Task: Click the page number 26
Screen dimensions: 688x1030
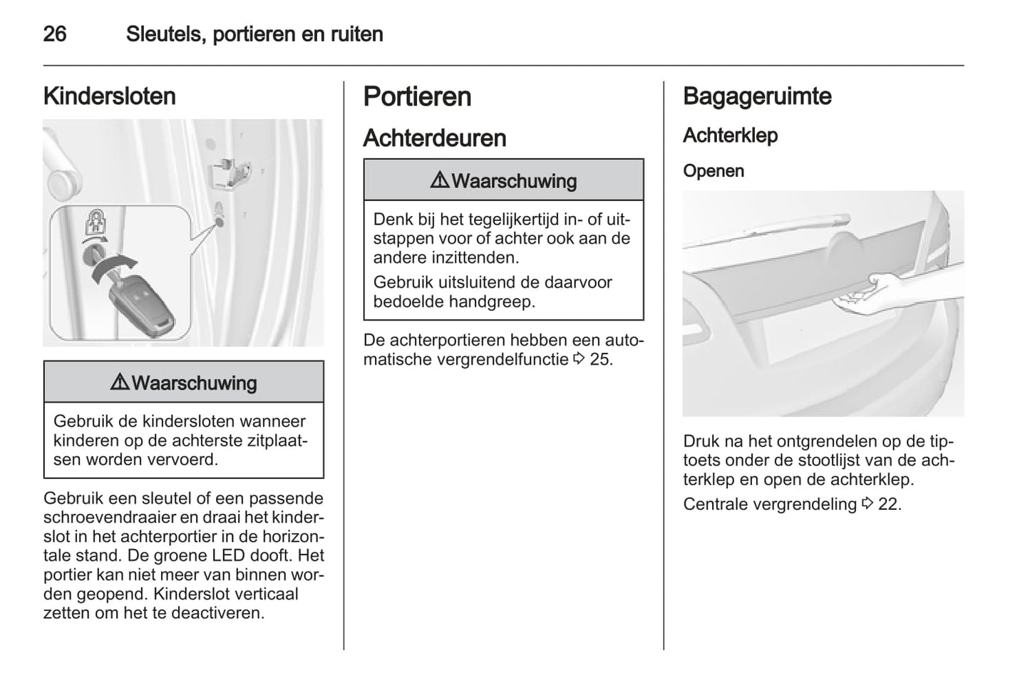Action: click(x=55, y=34)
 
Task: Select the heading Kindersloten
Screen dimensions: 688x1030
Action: click(x=109, y=96)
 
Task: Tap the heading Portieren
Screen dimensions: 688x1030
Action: click(x=417, y=96)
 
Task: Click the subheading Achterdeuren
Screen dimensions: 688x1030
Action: click(x=434, y=138)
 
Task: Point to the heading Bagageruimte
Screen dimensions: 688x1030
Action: click(x=757, y=96)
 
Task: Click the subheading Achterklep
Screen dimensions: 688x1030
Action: click(x=730, y=135)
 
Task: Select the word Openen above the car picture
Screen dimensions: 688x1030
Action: click(x=713, y=171)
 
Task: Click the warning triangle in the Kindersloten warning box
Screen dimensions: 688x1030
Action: click(x=120, y=383)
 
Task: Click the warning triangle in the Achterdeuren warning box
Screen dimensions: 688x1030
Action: click(x=440, y=180)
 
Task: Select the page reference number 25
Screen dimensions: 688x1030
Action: click(x=600, y=359)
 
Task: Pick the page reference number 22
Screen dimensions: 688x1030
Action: click(x=889, y=504)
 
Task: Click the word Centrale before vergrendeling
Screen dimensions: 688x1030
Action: click(x=716, y=504)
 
